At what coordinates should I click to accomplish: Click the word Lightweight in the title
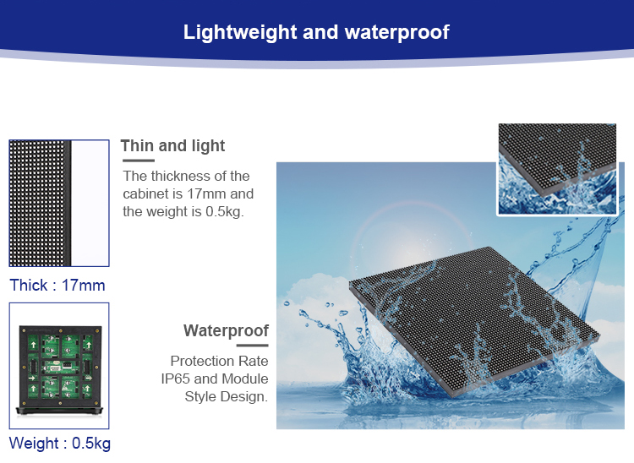point(231,33)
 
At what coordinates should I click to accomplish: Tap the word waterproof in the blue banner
point(397,33)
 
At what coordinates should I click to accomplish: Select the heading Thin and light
point(173,146)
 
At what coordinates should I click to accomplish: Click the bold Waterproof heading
point(226,330)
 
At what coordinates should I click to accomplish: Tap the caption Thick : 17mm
point(57,285)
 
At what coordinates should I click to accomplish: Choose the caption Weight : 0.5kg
point(60,444)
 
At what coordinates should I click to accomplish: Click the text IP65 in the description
point(177,379)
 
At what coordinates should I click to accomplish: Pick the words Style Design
point(226,396)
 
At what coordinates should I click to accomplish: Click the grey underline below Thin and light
point(137,160)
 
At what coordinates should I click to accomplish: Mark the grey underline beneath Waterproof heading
point(252,345)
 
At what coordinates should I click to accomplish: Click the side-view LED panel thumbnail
point(59,204)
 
